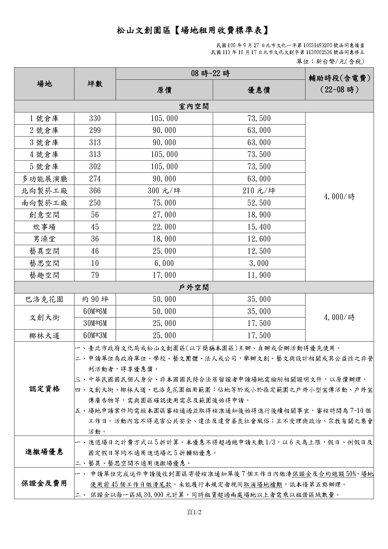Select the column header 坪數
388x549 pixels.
(95, 84)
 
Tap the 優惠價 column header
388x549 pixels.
(259, 90)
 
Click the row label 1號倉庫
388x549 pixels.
(44, 119)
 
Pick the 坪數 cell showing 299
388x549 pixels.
(95, 130)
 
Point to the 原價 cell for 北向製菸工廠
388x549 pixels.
(164, 191)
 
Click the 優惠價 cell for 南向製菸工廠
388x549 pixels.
(259, 203)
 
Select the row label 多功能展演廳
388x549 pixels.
(44, 179)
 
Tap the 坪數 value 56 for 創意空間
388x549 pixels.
(95, 215)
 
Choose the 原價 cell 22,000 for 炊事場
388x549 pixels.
(164, 227)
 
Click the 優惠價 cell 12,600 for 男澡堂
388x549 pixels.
(259, 239)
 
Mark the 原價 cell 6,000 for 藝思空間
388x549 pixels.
(164, 263)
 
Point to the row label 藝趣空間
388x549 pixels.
(44, 275)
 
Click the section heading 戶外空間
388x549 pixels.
(194, 287)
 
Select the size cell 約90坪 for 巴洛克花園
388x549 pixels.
(95, 299)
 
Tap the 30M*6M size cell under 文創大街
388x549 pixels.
(95, 323)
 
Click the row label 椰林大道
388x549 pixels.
(44, 336)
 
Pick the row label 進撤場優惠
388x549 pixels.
(44, 452)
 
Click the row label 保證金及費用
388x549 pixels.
(44, 483)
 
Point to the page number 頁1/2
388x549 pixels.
(194, 512)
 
